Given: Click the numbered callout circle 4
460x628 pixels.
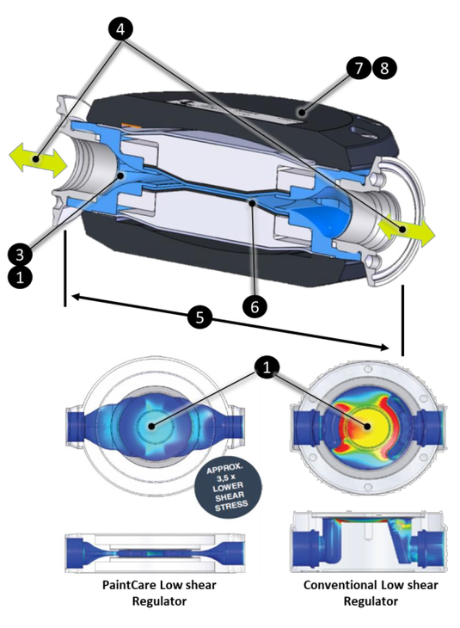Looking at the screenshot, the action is click(x=120, y=28).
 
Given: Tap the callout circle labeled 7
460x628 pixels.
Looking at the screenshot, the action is click(x=359, y=68).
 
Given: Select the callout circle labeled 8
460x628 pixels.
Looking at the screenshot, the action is click(x=384, y=68).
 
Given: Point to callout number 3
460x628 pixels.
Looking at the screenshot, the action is click(x=20, y=254).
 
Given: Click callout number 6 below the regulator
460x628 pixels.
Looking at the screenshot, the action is click(x=255, y=307).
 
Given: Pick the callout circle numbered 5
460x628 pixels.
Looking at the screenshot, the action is click(x=199, y=317).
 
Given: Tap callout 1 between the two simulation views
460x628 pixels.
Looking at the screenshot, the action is click(x=267, y=366).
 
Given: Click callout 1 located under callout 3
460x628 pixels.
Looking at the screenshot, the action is click(x=20, y=277).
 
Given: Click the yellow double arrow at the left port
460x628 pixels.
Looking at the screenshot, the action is click(x=38, y=160).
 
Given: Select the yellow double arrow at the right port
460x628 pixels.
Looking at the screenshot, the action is click(x=405, y=230).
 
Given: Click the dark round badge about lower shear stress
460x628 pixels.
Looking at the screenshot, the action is click(x=228, y=487).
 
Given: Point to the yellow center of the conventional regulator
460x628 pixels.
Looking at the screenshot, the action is click(x=367, y=426).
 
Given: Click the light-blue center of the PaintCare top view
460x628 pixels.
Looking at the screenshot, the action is click(x=151, y=426).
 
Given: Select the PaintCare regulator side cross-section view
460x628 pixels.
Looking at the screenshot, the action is click(x=155, y=553).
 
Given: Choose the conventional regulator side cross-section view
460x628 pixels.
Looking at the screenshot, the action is click(x=367, y=541).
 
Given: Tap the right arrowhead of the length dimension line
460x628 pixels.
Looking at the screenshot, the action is click(x=384, y=347).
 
